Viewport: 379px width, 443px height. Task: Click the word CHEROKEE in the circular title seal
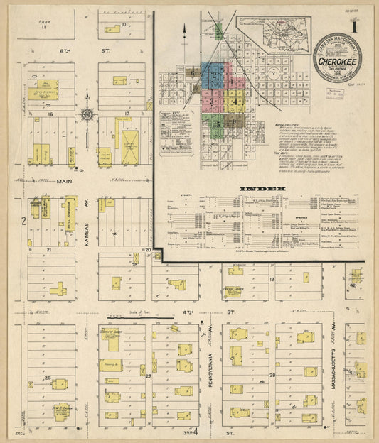[338, 62]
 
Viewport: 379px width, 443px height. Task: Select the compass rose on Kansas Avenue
[87, 114]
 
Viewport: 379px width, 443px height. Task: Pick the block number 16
[50, 114]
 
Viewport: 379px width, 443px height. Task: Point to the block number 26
[48, 378]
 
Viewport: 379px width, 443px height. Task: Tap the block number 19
[272, 280]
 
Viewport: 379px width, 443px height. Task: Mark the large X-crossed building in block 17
[129, 147]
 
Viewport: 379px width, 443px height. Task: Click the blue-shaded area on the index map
[213, 75]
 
